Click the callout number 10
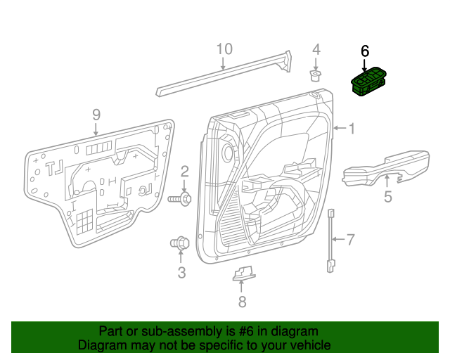tap(224, 49)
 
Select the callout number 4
tap(316, 49)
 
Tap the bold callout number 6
tap(364, 51)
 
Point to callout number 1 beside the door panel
tap(352, 128)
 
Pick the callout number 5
tap(387, 197)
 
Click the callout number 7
tap(351, 240)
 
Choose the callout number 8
tap(242, 302)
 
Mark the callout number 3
tap(181, 272)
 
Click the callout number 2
tap(185, 171)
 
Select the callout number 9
tap(96, 114)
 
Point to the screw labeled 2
tap(180, 200)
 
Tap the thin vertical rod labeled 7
tap(330, 239)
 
